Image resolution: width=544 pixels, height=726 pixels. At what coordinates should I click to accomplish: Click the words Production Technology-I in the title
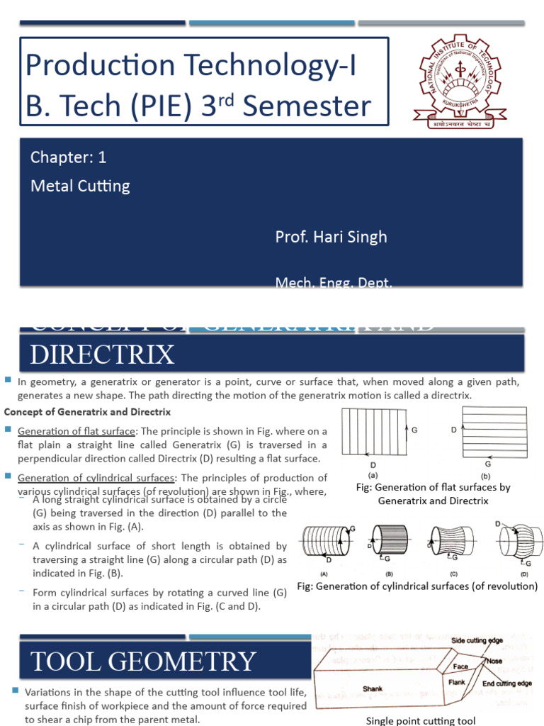(x=191, y=66)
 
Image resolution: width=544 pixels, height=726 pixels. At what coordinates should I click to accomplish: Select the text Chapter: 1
(x=68, y=157)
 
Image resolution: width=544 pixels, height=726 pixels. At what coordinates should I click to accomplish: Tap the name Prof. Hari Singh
(x=331, y=237)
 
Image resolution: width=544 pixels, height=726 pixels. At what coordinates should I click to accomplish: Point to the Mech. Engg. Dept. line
(x=334, y=284)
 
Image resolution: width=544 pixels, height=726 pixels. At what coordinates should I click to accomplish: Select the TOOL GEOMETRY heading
(x=142, y=661)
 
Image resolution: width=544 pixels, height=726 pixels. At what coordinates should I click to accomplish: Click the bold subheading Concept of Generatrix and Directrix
(x=88, y=412)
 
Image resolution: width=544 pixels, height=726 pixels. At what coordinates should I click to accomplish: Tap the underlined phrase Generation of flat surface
(x=76, y=431)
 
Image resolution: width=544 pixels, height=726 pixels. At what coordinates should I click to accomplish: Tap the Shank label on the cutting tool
(x=373, y=688)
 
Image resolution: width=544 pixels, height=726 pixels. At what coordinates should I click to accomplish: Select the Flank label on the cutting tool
(x=457, y=682)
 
